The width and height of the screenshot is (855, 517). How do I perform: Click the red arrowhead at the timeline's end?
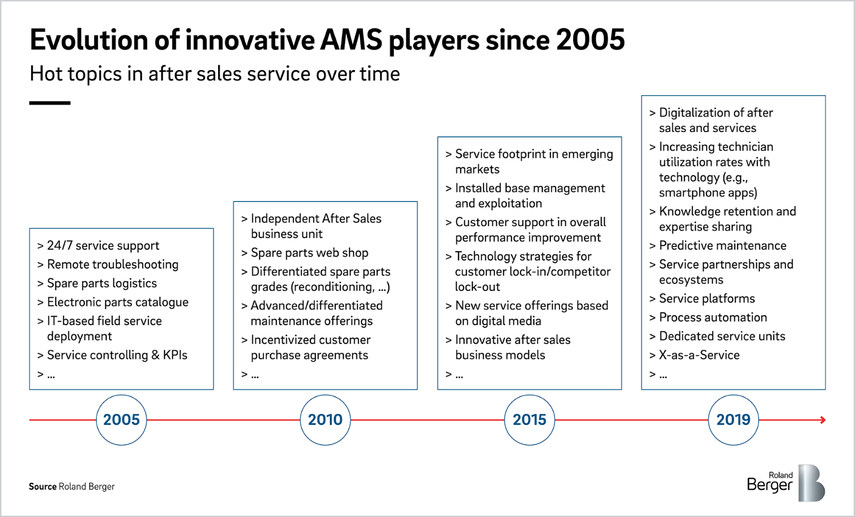tap(823, 420)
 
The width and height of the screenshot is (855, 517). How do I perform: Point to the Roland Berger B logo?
tap(812, 483)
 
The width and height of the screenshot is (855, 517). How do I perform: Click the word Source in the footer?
tap(43, 487)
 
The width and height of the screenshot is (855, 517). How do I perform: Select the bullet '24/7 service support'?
tap(103, 245)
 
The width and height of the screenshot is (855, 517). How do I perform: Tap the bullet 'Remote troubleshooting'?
tap(113, 264)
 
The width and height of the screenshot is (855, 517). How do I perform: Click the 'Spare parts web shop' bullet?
tap(309, 253)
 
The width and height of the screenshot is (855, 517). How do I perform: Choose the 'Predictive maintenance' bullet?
tap(722, 245)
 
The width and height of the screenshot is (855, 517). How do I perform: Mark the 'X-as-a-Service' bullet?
tap(699, 355)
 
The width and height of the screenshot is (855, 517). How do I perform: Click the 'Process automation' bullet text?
tap(713, 317)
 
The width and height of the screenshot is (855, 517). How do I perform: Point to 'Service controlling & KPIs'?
tap(117, 355)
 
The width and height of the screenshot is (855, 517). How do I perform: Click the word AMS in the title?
tap(351, 40)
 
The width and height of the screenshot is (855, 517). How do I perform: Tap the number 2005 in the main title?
tap(590, 40)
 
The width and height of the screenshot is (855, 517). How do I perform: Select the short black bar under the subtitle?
tap(50, 103)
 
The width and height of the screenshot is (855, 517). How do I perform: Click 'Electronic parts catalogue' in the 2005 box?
tap(118, 302)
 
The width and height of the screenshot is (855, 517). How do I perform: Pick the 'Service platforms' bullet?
tap(707, 298)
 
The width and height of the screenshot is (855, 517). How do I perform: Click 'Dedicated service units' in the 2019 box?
tap(722, 336)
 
